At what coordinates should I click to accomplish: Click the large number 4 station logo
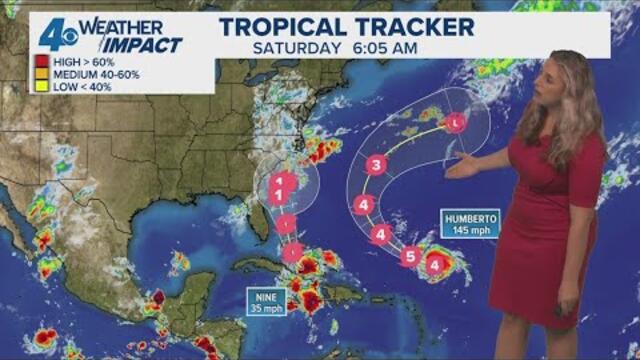pyautogui.click(x=54, y=36)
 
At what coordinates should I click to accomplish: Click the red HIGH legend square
pyautogui.click(x=43, y=61)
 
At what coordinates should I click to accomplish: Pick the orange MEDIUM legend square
pyautogui.click(x=43, y=73)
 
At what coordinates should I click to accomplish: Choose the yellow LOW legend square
pyautogui.click(x=43, y=85)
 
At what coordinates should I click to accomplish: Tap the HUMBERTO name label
pyautogui.click(x=473, y=218)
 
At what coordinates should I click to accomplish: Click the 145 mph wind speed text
pyautogui.click(x=473, y=232)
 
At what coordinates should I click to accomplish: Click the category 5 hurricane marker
pyautogui.click(x=409, y=256)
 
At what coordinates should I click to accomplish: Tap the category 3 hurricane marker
pyautogui.click(x=376, y=166)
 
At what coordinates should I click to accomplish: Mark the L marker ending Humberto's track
pyautogui.click(x=456, y=123)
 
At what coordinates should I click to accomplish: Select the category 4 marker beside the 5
pyautogui.click(x=434, y=264)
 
